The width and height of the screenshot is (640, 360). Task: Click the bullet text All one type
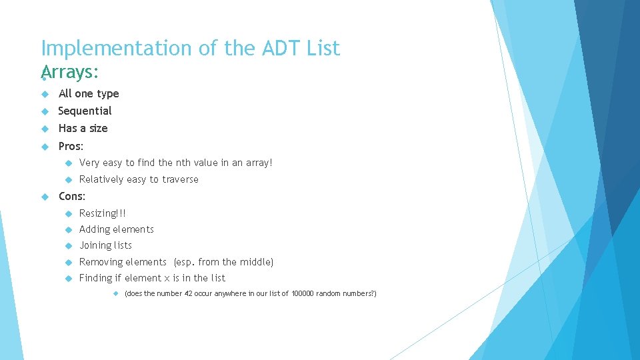click(89, 94)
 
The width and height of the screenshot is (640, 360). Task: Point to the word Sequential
click(85, 111)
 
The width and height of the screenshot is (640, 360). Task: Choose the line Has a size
click(83, 129)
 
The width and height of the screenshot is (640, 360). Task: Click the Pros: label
click(71, 146)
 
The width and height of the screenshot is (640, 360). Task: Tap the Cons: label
click(72, 196)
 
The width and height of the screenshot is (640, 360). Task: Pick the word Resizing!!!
click(103, 213)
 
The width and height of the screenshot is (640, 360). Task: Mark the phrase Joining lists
click(105, 245)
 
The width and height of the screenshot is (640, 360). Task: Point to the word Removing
click(100, 262)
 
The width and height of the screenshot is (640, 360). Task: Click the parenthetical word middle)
click(257, 262)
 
